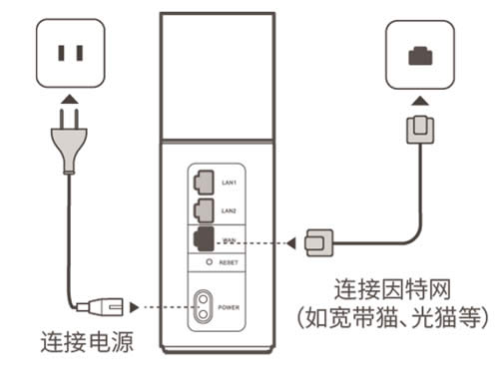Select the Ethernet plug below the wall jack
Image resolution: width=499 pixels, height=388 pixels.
tap(416, 130)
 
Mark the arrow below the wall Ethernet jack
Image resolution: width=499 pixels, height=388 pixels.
tap(416, 100)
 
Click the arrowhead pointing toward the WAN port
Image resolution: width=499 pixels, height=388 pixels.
tap(290, 240)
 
